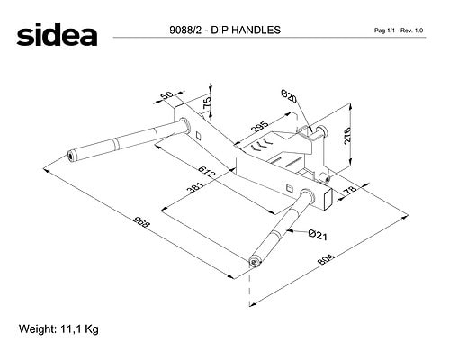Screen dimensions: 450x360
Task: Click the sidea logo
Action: point(57,35)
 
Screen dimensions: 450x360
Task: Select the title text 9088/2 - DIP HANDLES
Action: point(225,30)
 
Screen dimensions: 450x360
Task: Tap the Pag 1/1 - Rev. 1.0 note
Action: point(399,31)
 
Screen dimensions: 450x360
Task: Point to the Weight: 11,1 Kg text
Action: point(58,329)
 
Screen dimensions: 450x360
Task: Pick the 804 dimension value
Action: point(326,259)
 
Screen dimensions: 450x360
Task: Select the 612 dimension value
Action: point(208,171)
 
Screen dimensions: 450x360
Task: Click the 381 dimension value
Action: point(195,187)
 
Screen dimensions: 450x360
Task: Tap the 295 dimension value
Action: point(259,127)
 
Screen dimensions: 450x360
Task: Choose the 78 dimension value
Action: point(350,190)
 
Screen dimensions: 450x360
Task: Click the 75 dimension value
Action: point(207,103)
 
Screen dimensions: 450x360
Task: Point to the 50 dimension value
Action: point(167,95)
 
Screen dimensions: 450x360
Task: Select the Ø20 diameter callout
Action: point(289,96)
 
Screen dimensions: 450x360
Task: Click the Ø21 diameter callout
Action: point(318,235)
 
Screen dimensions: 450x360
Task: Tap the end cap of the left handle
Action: point(71,156)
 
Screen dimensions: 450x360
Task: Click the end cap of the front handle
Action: point(255,262)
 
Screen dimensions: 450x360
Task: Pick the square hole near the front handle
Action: point(289,188)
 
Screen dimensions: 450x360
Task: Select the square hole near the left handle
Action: point(198,135)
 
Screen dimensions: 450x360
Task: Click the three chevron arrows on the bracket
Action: point(260,145)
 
